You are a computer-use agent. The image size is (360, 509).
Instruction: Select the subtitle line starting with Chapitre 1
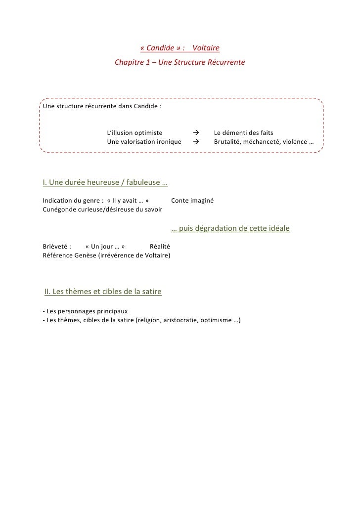[x=180, y=63]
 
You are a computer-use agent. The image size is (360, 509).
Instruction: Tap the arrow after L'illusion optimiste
[x=196, y=133]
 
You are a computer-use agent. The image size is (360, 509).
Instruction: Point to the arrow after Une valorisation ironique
[x=196, y=142]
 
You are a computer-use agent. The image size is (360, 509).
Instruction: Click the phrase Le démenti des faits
[x=243, y=133]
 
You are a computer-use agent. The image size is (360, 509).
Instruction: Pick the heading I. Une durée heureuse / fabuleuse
[x=105, y=183]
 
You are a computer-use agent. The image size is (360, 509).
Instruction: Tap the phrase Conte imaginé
[x=192, y=201]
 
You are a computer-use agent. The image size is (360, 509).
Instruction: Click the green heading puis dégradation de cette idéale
[x=230, y=229]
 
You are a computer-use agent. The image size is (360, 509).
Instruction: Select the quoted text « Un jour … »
[x=105, y=246]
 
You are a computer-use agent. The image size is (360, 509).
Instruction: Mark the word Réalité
[x=160, y=246]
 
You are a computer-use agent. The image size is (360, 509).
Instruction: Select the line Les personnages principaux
[x=86, y=311]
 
